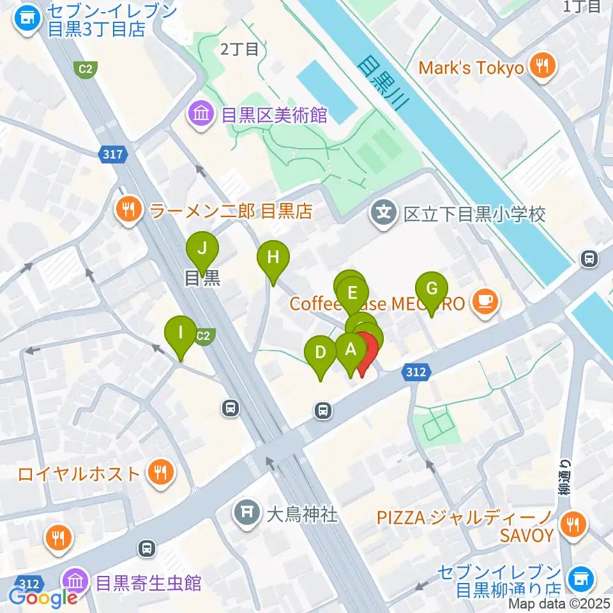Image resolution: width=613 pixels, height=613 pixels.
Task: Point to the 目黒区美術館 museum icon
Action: [x=201, y=115]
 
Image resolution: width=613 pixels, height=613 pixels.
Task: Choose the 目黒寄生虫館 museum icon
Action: [x=75, y=582]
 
